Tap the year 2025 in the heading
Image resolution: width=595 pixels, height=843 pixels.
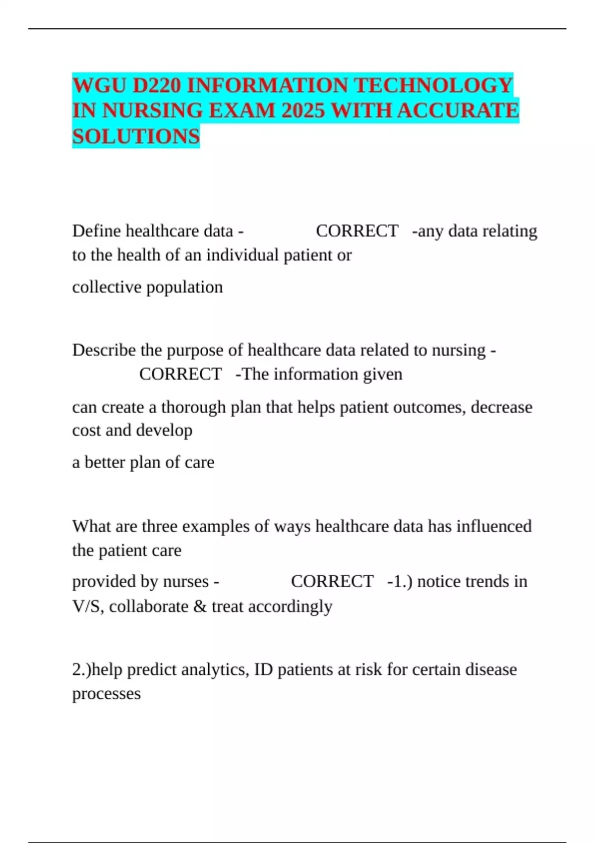tap(303, 111)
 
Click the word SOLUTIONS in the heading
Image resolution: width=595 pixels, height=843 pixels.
tap(136, 136)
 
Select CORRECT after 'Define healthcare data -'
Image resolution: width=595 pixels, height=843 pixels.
tap(357, 231)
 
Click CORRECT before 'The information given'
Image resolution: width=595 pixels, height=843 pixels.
tap(180, 374)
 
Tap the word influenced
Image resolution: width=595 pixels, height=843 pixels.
tap(494, 526)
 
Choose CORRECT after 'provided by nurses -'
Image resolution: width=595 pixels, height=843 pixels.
tap(332, 581)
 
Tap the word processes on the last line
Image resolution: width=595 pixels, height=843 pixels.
tap(107, 694)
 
